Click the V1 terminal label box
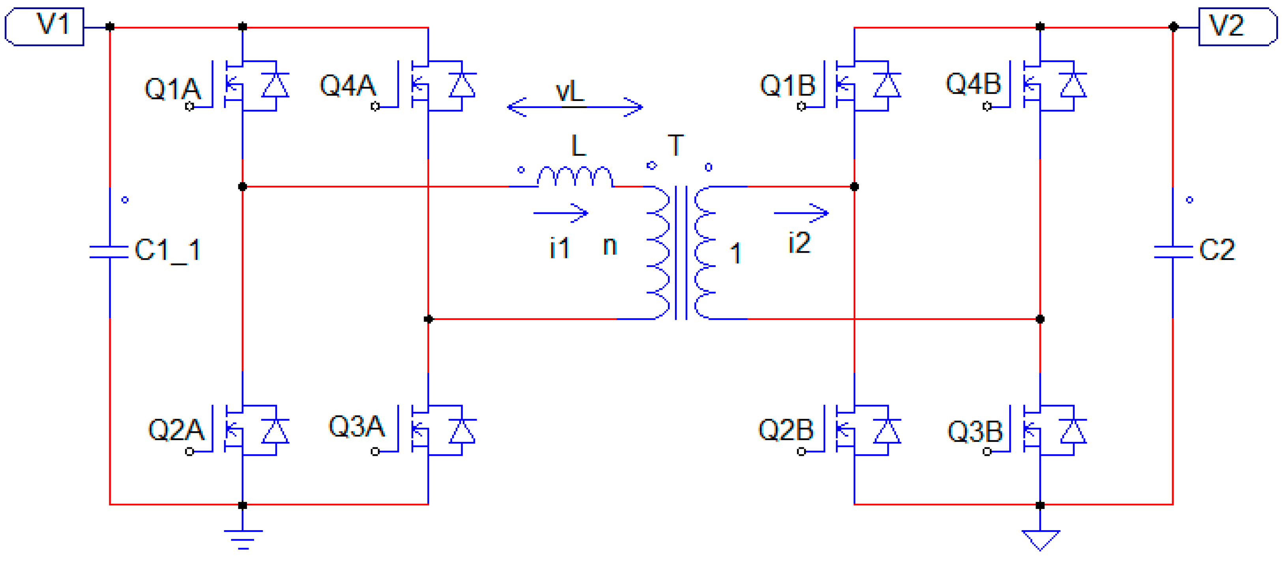click(45, 26)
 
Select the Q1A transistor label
click(172, 89)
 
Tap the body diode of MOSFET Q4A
click(462, 85)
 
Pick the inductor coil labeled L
click(575, 177)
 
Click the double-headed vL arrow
click(575, 106)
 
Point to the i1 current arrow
click(561, 213)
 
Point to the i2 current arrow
click(801, 213)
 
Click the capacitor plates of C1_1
click(109, 252)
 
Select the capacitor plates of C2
click(1173, 252)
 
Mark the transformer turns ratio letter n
click(610, 245)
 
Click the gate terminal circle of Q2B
click(801, 451)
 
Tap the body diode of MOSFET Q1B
click(887, 85)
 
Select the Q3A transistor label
click(356, 426)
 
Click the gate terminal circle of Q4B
click(987, 106)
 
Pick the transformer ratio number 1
click(735, 253)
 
